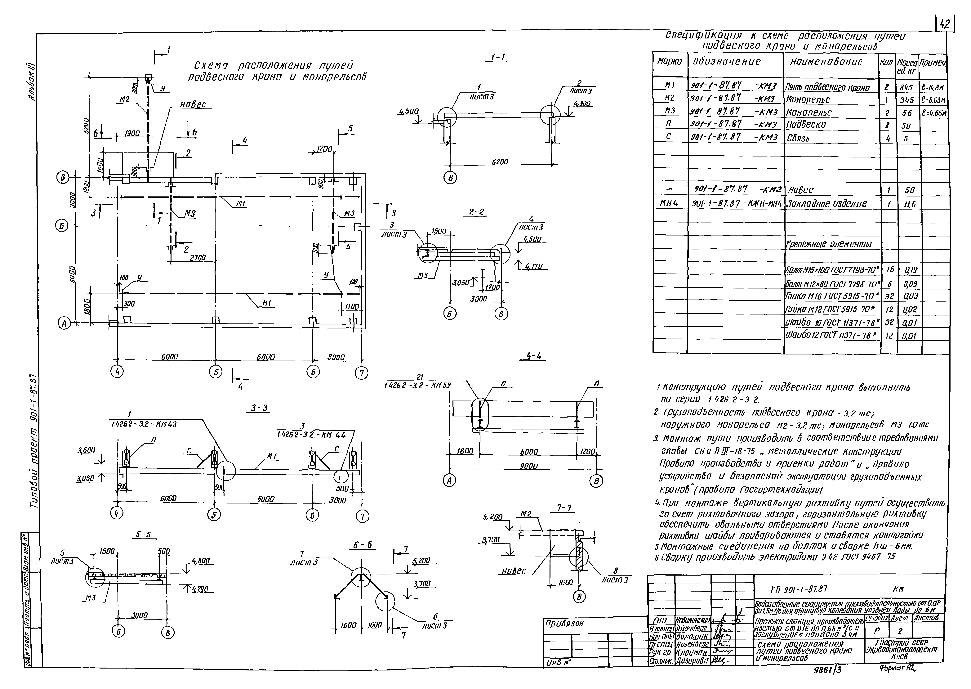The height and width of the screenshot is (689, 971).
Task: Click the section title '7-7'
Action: tap(564, 508)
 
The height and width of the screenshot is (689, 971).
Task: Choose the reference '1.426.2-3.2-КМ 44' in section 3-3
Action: tap(311, 435)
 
